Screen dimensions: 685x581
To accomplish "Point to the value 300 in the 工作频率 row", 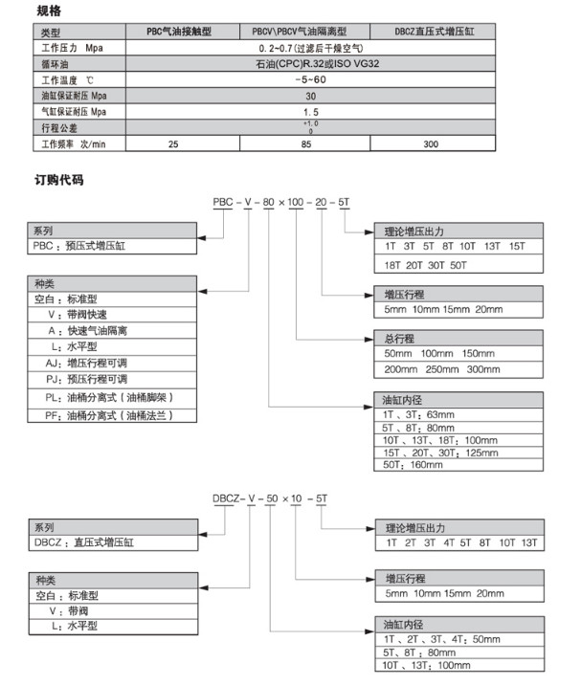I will pos(431,144).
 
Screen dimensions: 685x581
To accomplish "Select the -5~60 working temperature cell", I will pos(309,80).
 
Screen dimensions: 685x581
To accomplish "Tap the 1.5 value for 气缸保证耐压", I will pos(309,112).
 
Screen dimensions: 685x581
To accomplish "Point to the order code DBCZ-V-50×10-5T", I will pos(270,498).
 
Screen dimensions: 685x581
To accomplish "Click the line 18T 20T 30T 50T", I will pos(426,263).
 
